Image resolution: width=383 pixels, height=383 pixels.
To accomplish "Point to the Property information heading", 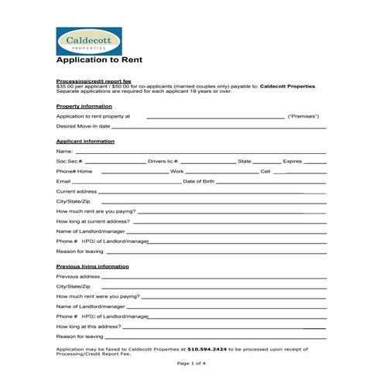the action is [84, 106].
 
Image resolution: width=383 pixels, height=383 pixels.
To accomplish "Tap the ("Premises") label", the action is [303, 116].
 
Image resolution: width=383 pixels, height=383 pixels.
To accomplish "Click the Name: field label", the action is [64, 152].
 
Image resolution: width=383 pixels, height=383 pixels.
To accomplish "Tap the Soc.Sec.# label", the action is [70, 161].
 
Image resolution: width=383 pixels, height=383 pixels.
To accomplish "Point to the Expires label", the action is [292, 161].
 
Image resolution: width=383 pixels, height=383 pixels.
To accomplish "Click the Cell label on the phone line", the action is [265, 171].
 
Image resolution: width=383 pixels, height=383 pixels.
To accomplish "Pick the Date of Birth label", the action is [198, 181].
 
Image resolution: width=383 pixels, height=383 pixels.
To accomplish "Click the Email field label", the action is [63, 181].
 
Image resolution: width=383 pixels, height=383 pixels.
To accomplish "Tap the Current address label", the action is [77, 191].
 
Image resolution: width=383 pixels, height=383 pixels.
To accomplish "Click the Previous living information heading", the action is [92, 266].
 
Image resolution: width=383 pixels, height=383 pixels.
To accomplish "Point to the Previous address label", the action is [78, 276].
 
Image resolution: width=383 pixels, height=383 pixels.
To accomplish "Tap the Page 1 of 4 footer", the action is [191, 364].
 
